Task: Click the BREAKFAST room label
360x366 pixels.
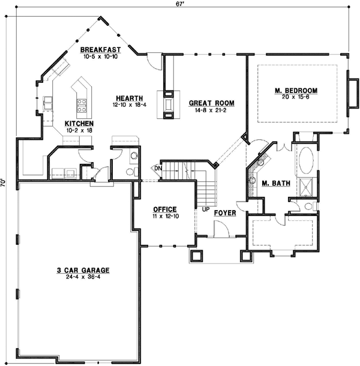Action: (x=101, y=49)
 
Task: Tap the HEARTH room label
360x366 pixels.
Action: (x=129, y=98)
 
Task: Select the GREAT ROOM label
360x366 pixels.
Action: (x=211, y=103)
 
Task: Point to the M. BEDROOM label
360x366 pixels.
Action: (x=296, y=91)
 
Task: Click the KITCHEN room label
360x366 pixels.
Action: (x=79, y=124)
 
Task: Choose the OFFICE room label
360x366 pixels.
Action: (x=164, y=209)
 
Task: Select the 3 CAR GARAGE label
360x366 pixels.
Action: (x=74, y=271)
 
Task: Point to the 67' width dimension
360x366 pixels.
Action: (x=180, y=4)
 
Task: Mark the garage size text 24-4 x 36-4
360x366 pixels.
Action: (x=74, y=278)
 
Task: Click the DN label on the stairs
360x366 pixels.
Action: (x=158, y=169)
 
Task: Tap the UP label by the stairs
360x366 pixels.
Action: (x=205, y=209)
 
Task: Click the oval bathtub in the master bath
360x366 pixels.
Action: (x=305, y=161)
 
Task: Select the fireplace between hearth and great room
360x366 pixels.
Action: (x=167, y=102)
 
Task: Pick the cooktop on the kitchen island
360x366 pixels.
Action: (x=80, y=106)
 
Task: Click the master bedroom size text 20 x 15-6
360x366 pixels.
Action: (x=296, y=97)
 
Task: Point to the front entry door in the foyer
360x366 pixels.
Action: (x=220, y=228)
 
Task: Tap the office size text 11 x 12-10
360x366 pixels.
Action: (x=164, y=216)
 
